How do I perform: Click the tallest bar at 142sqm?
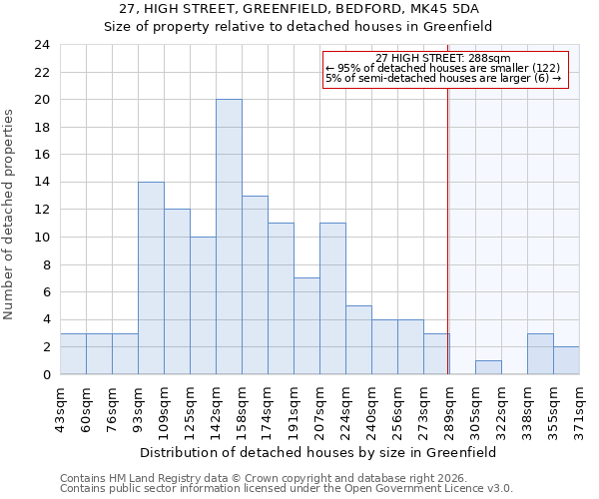tap(229, 238)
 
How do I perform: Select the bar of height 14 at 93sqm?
tap(151, 278)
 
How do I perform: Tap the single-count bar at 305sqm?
tap(488, 367)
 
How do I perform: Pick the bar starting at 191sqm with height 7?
tap(306, 326)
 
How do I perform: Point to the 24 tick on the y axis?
tap(42, 45)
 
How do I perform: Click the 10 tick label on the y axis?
tap(42, 238)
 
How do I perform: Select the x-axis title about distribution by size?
tap(317, 452)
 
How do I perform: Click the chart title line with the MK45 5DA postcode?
tap(299, 9)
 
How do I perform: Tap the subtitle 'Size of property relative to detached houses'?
tap(299, 27)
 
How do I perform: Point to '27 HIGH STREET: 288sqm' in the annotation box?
tap(443, 59)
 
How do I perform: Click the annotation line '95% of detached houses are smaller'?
tap(443, 69)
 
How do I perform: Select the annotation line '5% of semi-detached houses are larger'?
tap(443, 78)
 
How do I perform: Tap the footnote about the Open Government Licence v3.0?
tap(287, 488)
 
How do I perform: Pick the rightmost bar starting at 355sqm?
tap(566, 360)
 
